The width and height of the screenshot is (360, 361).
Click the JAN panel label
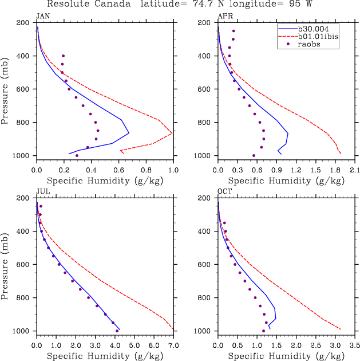coord(42,16)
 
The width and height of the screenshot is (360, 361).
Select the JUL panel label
coord(42,191)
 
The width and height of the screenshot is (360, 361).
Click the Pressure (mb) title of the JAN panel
coord(5,89)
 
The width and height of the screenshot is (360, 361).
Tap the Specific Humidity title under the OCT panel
coord(286,356)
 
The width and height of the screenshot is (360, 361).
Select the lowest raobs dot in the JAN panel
coord(77,155)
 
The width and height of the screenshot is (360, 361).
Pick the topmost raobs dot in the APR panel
coord(234,31)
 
